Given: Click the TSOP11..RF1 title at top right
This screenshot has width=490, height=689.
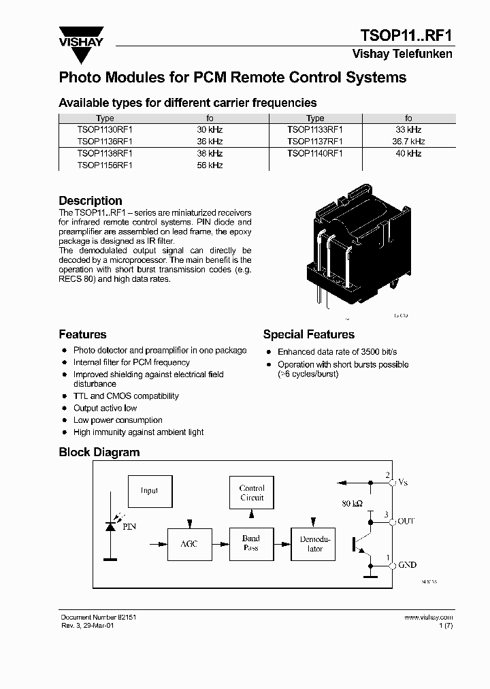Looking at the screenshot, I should [406, 35].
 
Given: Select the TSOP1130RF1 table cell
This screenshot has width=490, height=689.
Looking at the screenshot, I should [105, 129].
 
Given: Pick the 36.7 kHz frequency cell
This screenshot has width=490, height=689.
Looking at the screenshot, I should [408, 142].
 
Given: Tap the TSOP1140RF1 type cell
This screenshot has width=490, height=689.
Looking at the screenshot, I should [315, 153].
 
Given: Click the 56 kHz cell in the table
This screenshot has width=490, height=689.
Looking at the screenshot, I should [210, 165].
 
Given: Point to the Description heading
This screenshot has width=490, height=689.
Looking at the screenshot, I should [91, 201].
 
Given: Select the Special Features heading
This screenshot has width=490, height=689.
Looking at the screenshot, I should [308, 334].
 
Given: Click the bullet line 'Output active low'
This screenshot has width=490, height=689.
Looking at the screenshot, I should [105, 408].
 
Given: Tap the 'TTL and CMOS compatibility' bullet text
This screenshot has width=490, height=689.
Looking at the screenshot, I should [126, 396].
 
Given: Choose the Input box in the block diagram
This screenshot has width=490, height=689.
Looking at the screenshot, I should [150, 491].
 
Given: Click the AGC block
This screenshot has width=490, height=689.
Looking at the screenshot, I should [189, 544].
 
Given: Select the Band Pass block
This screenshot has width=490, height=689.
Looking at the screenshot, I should [251, 543].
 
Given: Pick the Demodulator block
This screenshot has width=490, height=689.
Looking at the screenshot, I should [313, 544].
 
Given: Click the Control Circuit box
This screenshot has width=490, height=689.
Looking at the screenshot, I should [251, 493].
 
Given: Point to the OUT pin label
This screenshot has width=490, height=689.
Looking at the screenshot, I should [406, 521].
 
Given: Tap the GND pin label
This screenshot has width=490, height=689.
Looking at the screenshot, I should [407, 565].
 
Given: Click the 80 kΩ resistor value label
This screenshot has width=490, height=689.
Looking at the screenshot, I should [353, 504].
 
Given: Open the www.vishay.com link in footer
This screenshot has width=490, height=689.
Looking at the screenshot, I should [428, 618].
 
